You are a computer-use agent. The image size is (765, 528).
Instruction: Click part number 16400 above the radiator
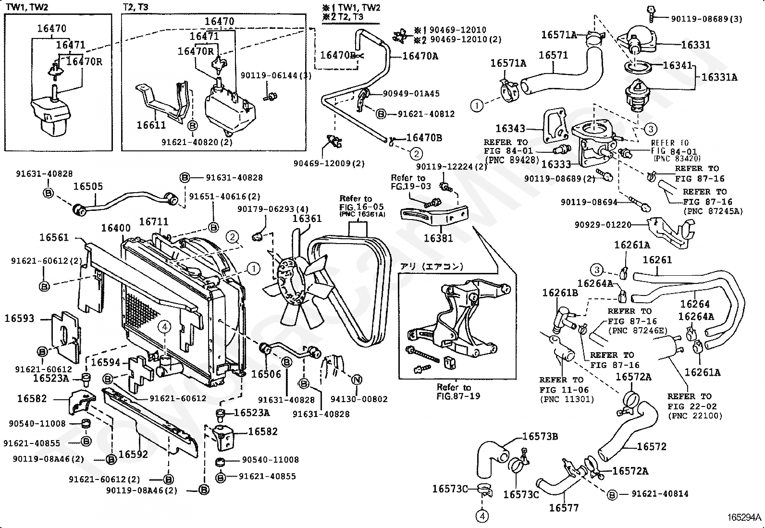[115, 227]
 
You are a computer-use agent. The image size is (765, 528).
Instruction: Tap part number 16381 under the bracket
[438, 238]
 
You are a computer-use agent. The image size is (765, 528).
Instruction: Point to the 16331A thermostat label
[719, 77]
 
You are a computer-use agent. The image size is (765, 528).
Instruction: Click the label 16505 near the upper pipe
[88, 186]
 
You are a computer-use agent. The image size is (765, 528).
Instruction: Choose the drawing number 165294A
[744, 517]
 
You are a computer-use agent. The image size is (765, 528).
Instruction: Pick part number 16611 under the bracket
[151, 125]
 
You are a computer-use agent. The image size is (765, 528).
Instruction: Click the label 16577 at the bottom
[564, 508]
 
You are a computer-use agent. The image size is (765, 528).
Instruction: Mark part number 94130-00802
[358, 399]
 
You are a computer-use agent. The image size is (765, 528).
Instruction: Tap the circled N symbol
[356, 380]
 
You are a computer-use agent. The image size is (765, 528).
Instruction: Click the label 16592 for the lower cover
[133, 454]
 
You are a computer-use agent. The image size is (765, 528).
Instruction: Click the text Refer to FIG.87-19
[454, 392]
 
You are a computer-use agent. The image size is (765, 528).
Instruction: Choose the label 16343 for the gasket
[511, 128]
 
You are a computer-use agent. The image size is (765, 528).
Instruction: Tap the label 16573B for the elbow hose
[540, 436]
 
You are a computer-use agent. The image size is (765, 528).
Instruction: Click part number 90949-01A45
[411, 94]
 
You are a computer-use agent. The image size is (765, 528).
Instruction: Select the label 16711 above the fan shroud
[154, 222]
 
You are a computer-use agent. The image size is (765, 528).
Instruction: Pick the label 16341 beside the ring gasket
[678, 65]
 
